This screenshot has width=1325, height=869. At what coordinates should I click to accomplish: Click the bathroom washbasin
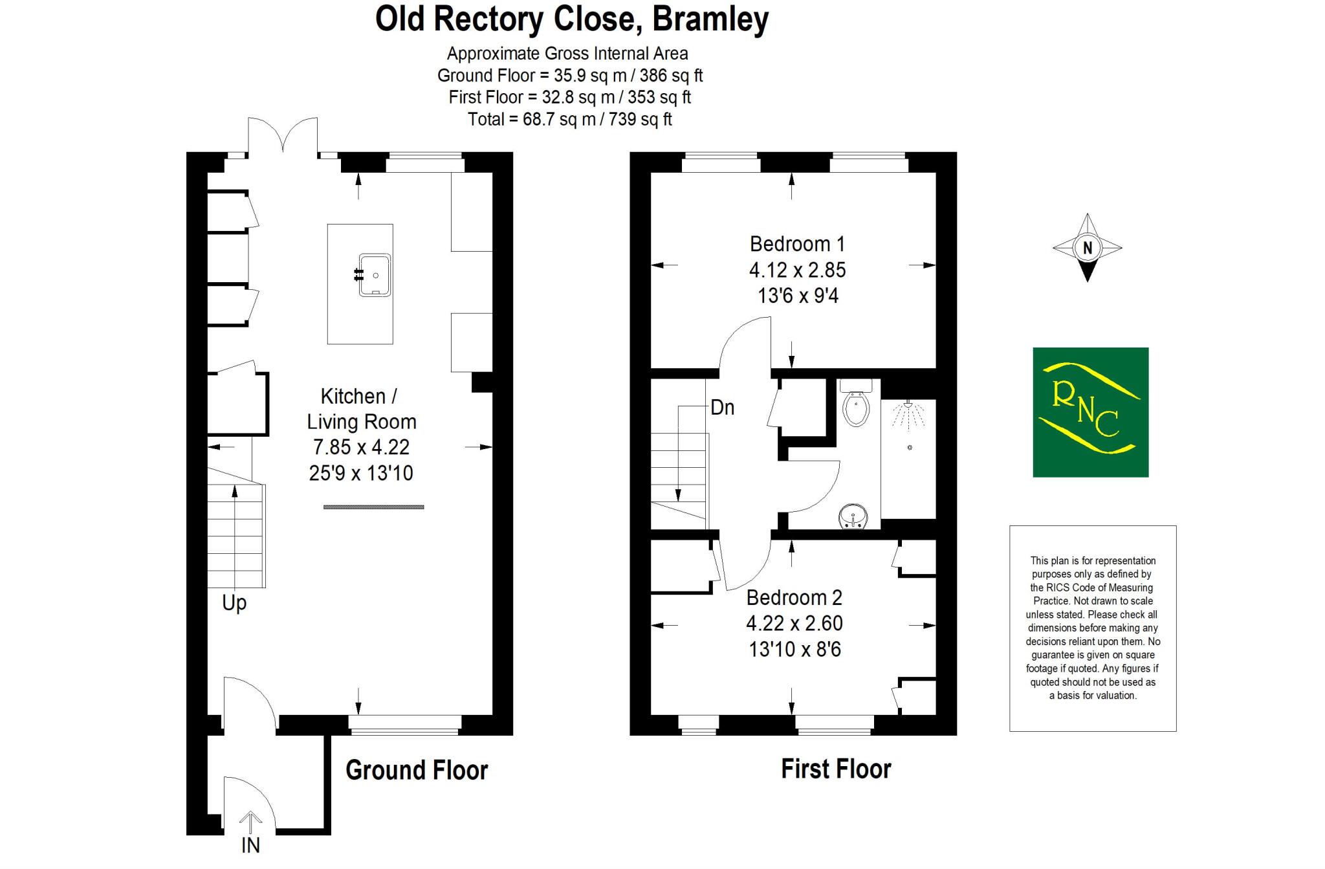click(854, 517)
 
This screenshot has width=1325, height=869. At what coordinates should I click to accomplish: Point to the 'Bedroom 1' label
click(797, 244)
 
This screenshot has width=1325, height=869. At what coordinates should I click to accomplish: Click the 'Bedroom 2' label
click(794, 597)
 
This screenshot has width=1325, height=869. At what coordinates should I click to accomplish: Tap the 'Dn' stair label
click(722, 408)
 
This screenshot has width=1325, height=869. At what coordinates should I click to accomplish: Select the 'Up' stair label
click(234, 603)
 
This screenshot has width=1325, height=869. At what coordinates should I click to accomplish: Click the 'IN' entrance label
click(250, 845)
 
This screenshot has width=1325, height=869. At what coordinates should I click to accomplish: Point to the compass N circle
click(1088, 248)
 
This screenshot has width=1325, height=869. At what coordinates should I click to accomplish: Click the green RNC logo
click(1090, 412)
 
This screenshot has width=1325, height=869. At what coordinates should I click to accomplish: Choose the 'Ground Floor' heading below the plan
click(417, 770)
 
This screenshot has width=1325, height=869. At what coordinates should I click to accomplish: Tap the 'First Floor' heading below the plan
click(836, 769)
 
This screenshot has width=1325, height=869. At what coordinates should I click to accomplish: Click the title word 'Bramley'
click(710, 19)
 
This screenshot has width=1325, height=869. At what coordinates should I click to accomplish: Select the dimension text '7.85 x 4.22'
click(361, 447)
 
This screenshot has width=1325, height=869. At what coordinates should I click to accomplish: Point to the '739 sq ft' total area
click(641, 119)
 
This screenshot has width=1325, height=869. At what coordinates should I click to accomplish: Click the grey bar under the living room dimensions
click(374, 507)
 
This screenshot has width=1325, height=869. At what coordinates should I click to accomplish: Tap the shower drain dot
click(910, 447)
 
